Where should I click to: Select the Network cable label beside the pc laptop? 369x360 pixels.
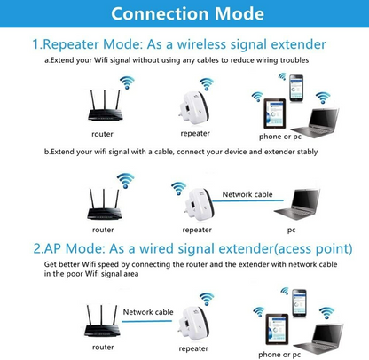click(x=248, y=193)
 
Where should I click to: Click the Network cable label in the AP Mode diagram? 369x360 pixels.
click(x=148, y=312)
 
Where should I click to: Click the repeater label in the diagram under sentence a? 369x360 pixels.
click(x=195, y=133)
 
